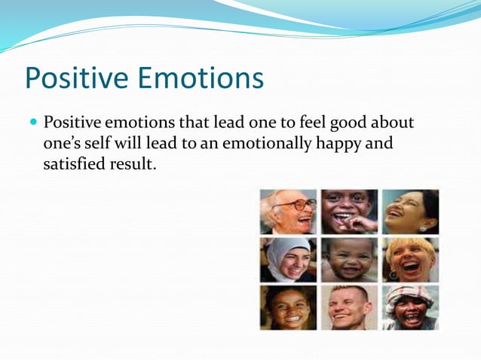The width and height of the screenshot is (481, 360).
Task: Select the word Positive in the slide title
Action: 76,78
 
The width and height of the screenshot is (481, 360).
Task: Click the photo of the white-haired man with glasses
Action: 288,212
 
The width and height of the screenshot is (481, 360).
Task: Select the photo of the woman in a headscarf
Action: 288,260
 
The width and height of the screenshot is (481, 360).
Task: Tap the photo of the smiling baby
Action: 349,260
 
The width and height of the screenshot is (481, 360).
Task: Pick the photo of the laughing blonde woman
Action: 409,260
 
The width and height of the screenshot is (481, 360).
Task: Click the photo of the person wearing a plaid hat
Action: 409,307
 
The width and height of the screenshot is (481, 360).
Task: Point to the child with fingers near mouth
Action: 349,212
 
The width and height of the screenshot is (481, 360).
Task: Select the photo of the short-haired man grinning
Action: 349,307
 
